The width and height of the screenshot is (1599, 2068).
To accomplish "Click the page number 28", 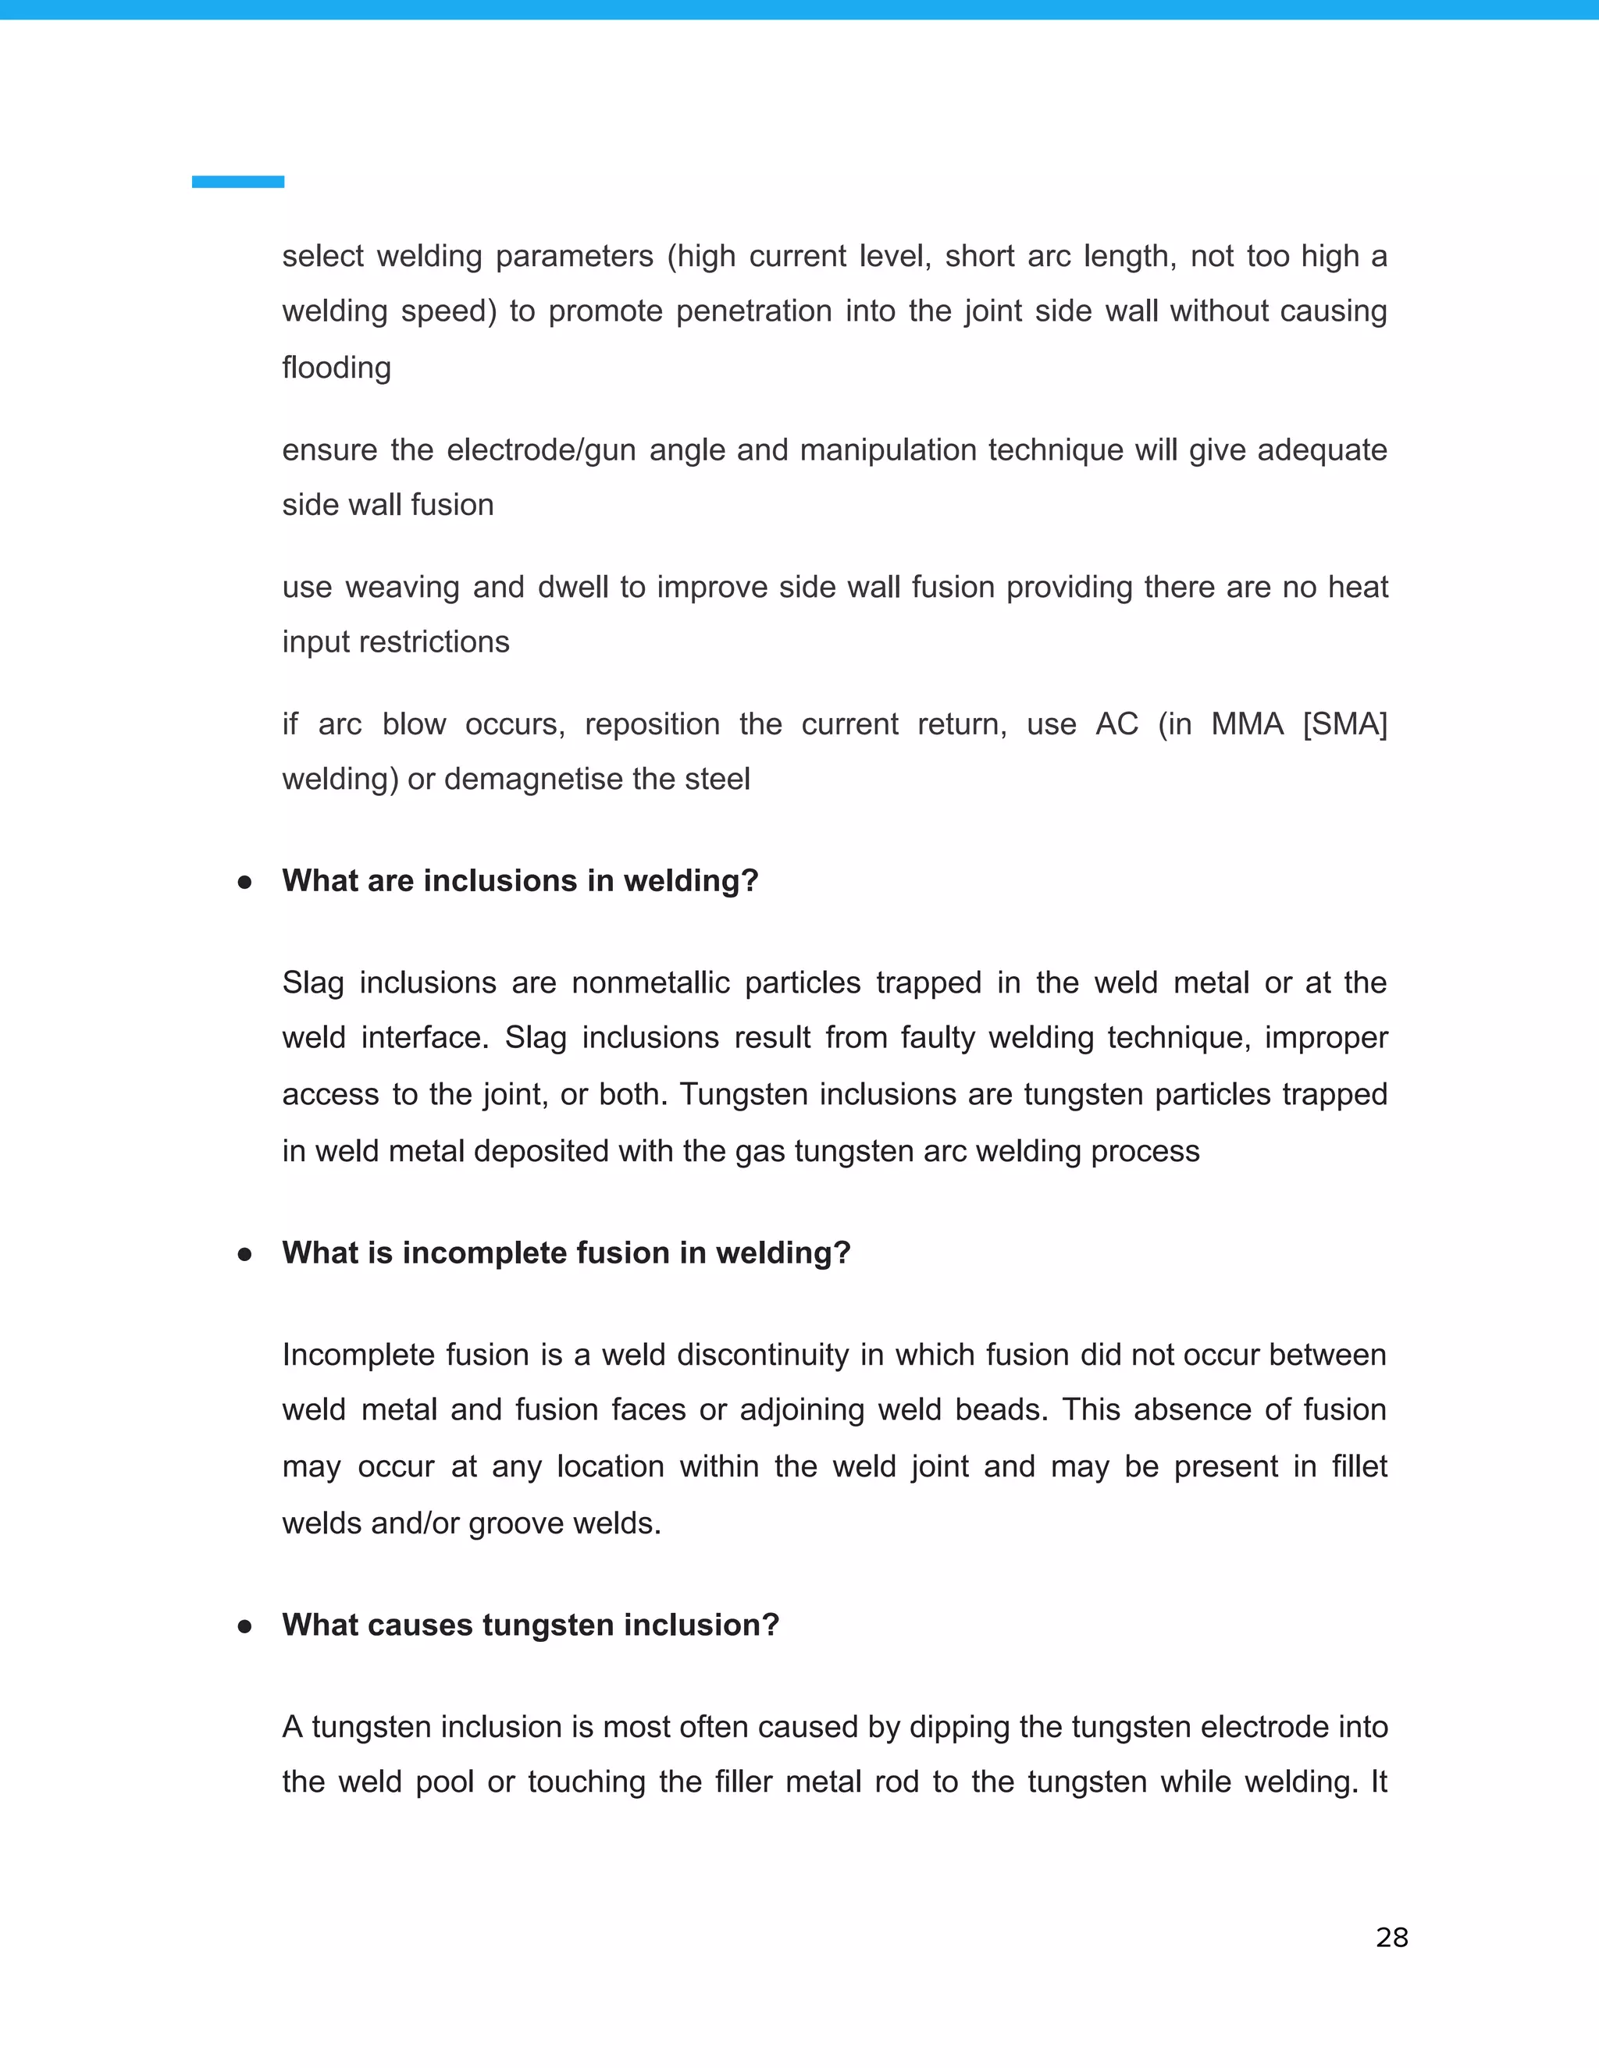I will point(1391,1938).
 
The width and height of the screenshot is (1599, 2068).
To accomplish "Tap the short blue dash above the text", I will point(238,182).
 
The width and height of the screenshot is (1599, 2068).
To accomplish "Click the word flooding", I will point(337,368).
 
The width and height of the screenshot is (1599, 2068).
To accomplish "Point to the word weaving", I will point(403,587).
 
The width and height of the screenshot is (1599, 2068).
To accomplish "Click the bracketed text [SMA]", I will point(1344,724).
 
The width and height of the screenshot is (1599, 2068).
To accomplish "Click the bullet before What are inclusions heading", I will point(244,883).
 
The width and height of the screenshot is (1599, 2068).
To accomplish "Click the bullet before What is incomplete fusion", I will point(244,1255).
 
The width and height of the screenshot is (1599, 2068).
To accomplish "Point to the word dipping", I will point(959,1727).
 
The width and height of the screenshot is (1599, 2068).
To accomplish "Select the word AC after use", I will point(1116,724).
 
